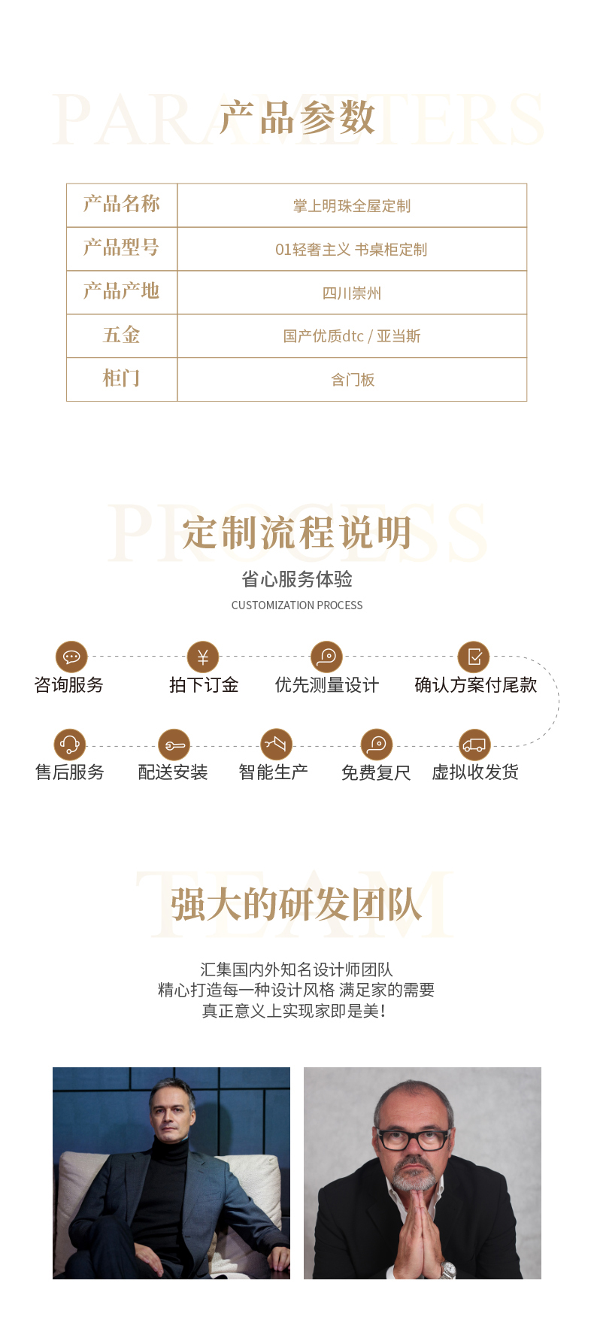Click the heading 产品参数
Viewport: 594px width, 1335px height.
tap(297, 118)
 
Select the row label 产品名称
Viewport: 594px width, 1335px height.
tap(122, 204)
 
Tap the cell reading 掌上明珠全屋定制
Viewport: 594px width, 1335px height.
tap(352, 205)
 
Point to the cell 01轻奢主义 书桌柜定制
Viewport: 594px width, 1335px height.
tap(351, 249)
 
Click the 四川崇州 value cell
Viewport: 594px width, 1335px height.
tap(352, 293)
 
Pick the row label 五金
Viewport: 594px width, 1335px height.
tap(122, 335)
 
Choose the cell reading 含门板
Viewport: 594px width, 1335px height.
tap(353, 380)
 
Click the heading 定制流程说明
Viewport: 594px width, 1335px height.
tap(297, 532)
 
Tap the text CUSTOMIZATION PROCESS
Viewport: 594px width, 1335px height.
tap(297, 605)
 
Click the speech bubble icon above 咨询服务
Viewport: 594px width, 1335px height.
tap(71, 657)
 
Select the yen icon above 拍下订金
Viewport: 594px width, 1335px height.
tap(203, 657)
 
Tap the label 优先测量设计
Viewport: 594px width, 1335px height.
tap(327, 684)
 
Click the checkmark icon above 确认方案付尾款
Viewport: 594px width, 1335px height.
tap(474, 657)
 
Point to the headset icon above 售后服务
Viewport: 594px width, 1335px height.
tap(70, 745)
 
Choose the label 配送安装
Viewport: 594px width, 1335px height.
tap(173, 772)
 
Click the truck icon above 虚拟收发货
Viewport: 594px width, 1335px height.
tap(474, 745)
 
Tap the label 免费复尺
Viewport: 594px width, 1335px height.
tap(376, 772)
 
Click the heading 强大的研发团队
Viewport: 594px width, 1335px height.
tap(296, 903)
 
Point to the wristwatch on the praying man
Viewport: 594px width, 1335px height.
tap(448, 1270)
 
